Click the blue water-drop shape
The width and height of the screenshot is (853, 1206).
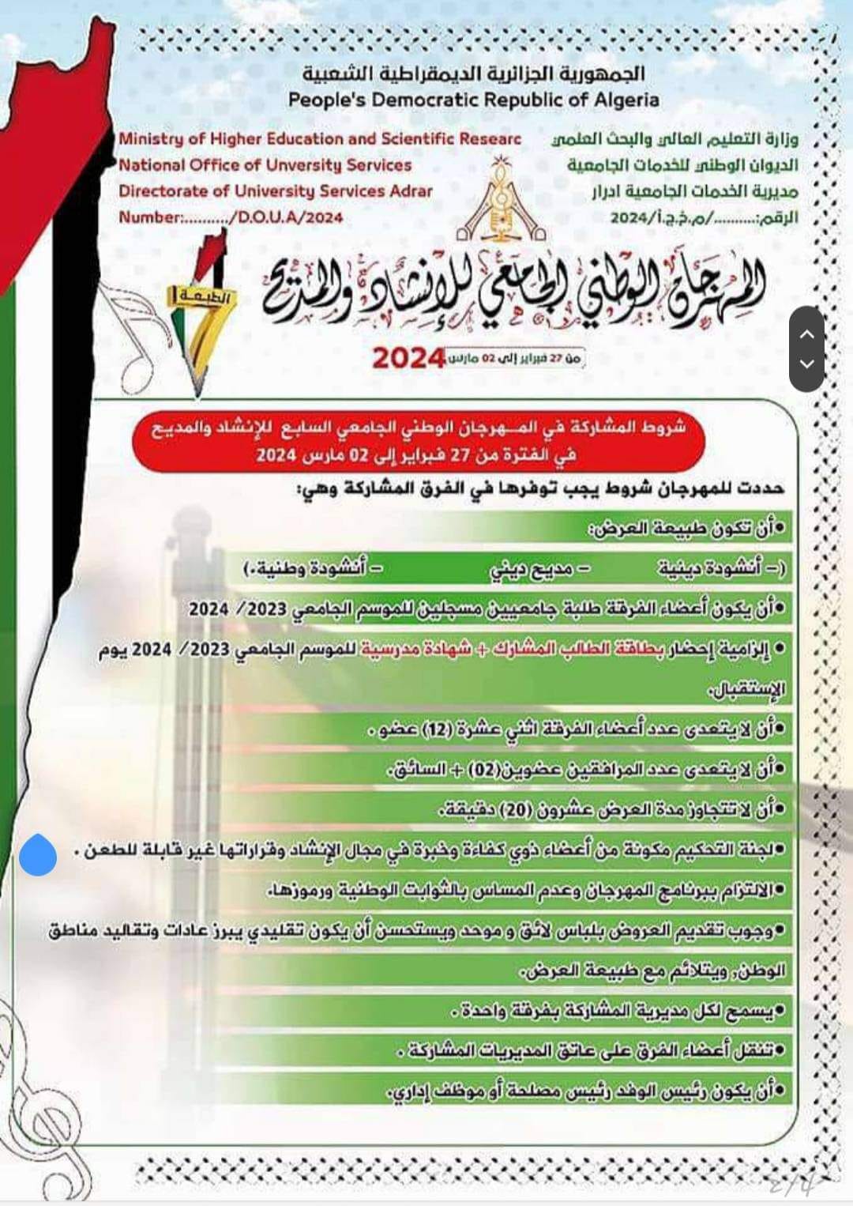(x=37, y=854)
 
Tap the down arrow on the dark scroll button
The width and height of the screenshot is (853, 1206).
(x=806, y=364)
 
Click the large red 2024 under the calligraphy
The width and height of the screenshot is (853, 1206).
(x=408, y=358)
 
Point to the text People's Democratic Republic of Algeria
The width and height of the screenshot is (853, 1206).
(x=473, y=100)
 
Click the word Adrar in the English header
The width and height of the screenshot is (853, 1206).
(x=411, y=191)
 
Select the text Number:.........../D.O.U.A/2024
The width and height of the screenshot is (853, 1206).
(x=231, y=217)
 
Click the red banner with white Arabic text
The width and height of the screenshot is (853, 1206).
(x=418, y=440)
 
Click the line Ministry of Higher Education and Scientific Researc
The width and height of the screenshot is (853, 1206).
(x=320, y=139)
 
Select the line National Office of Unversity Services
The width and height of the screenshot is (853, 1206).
(x=265, y=165)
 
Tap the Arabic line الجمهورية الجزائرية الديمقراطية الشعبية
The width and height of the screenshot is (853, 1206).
(x=473, y=73)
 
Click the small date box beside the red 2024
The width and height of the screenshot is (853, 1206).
(x=516, y=358)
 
